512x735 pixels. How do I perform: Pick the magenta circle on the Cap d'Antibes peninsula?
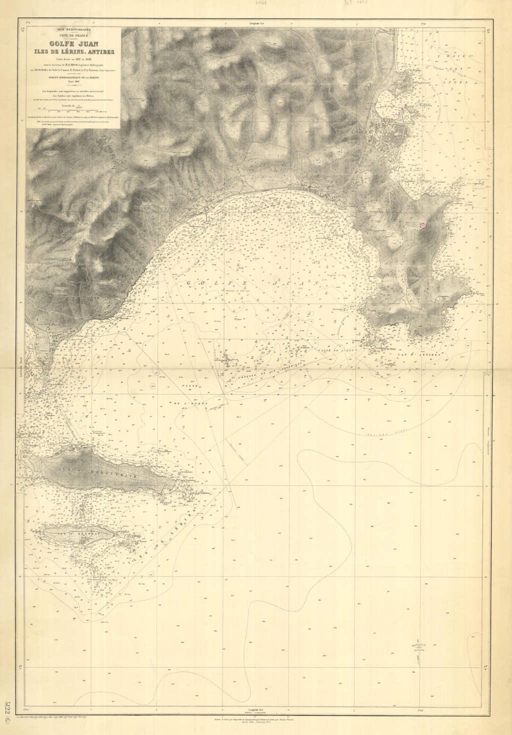click(x=423, y=225)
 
